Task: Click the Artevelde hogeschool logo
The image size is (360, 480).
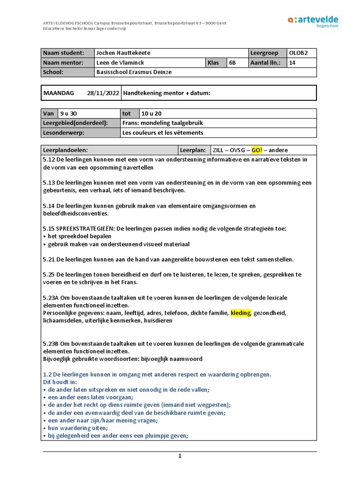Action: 313,22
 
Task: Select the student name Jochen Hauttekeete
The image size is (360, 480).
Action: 123,53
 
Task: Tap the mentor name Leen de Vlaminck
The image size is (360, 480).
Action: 120,63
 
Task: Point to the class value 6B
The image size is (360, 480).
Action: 232,63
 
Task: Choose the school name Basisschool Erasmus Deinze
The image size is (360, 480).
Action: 133,72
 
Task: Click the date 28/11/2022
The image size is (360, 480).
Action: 103,93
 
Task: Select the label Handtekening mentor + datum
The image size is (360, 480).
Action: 167,93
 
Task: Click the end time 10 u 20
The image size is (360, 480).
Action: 152,113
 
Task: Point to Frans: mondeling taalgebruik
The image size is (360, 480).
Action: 162,123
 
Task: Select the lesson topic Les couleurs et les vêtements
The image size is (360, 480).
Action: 163,133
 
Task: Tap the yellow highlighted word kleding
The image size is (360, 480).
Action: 241,313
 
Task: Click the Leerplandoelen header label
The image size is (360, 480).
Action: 65,150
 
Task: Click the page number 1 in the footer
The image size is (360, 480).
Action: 180,456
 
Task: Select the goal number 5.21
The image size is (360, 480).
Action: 49,259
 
